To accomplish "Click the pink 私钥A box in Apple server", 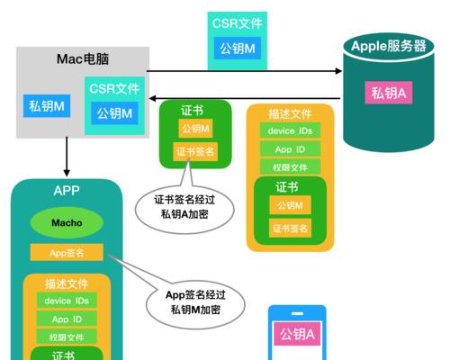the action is pos(389,93).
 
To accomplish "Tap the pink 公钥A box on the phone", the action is pos(297,334).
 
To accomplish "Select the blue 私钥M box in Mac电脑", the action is pos(47,106).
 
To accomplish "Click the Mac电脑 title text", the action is pos(83,58).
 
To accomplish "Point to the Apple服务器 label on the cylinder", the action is pos(389,46).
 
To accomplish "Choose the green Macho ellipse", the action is pos(67,222).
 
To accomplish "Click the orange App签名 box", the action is pos(67,253).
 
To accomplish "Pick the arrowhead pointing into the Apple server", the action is pos(338,71).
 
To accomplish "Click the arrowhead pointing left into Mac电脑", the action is pos(152,98).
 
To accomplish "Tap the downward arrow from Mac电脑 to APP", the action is pos(67,157).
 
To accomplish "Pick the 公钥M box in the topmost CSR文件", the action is pos(238,49).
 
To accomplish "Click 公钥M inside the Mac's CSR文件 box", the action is pos(114,113).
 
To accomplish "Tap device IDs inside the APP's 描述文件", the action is pos(67,301).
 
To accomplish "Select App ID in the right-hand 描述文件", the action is pos(290,149).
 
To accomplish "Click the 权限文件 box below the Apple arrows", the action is pos(290,167).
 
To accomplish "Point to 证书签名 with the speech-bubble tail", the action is pos(195,151).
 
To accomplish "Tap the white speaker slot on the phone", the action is pos(297,313).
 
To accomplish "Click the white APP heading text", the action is pos(67,191).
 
